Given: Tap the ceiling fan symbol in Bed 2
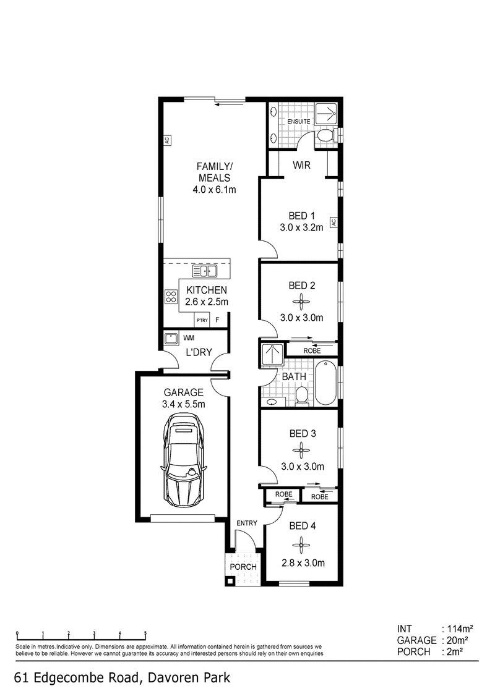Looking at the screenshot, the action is click(x=302, y=302).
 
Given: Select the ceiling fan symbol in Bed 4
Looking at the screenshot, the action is click(x=302, y=544).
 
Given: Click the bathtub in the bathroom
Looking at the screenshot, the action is click(x=326, y=383).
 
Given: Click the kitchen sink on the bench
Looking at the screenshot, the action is click(x=204, y=271).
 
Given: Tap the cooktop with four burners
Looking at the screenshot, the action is click(x=171, y=297).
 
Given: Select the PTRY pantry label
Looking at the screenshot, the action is click(x=202, y=320).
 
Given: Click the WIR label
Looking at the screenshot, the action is click(x=301, y=165).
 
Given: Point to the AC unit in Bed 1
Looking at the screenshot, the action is click(x=333, y=222).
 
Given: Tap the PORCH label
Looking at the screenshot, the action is click(x=243, y=567).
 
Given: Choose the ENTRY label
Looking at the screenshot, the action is click(x=247, y=523).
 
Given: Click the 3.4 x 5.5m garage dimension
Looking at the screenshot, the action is click(x=184, y=404).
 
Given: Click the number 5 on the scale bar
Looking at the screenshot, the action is click(x=145, y=633).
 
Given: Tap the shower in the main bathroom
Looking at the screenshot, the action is click(x=272, y=355).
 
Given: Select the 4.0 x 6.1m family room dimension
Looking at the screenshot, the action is click(x=214, y=190).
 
